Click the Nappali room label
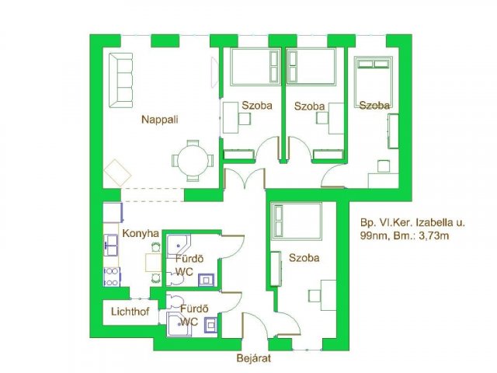click(x=159, y=120)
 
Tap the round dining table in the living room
click(x=193, y=161)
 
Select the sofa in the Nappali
click(x=121, y=80)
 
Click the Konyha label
click(x=141, y=233)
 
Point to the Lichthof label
click(x=130, y=312)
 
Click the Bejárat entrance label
click(x=254, y=358)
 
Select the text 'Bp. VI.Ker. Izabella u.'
click(x=412, y=222)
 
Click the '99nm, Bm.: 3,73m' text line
click(x=405, y=235)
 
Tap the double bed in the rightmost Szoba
click(x=373, y=81)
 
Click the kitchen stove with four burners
click(x=112, y=277)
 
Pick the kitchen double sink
click(x=111, y=245)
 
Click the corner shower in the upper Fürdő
click(x=178, y=246)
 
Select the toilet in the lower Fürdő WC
click(x=176, y=302)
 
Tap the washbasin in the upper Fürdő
click(x=206, y=280)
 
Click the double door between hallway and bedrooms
click(x=245, y=178)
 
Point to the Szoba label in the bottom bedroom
click(x=304, y=258)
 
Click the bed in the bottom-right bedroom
click(x=297, y=221)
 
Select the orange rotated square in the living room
click(x=117, y=173)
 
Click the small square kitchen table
click(x=154, y=263)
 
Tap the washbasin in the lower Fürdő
click(x=210, y=325)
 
